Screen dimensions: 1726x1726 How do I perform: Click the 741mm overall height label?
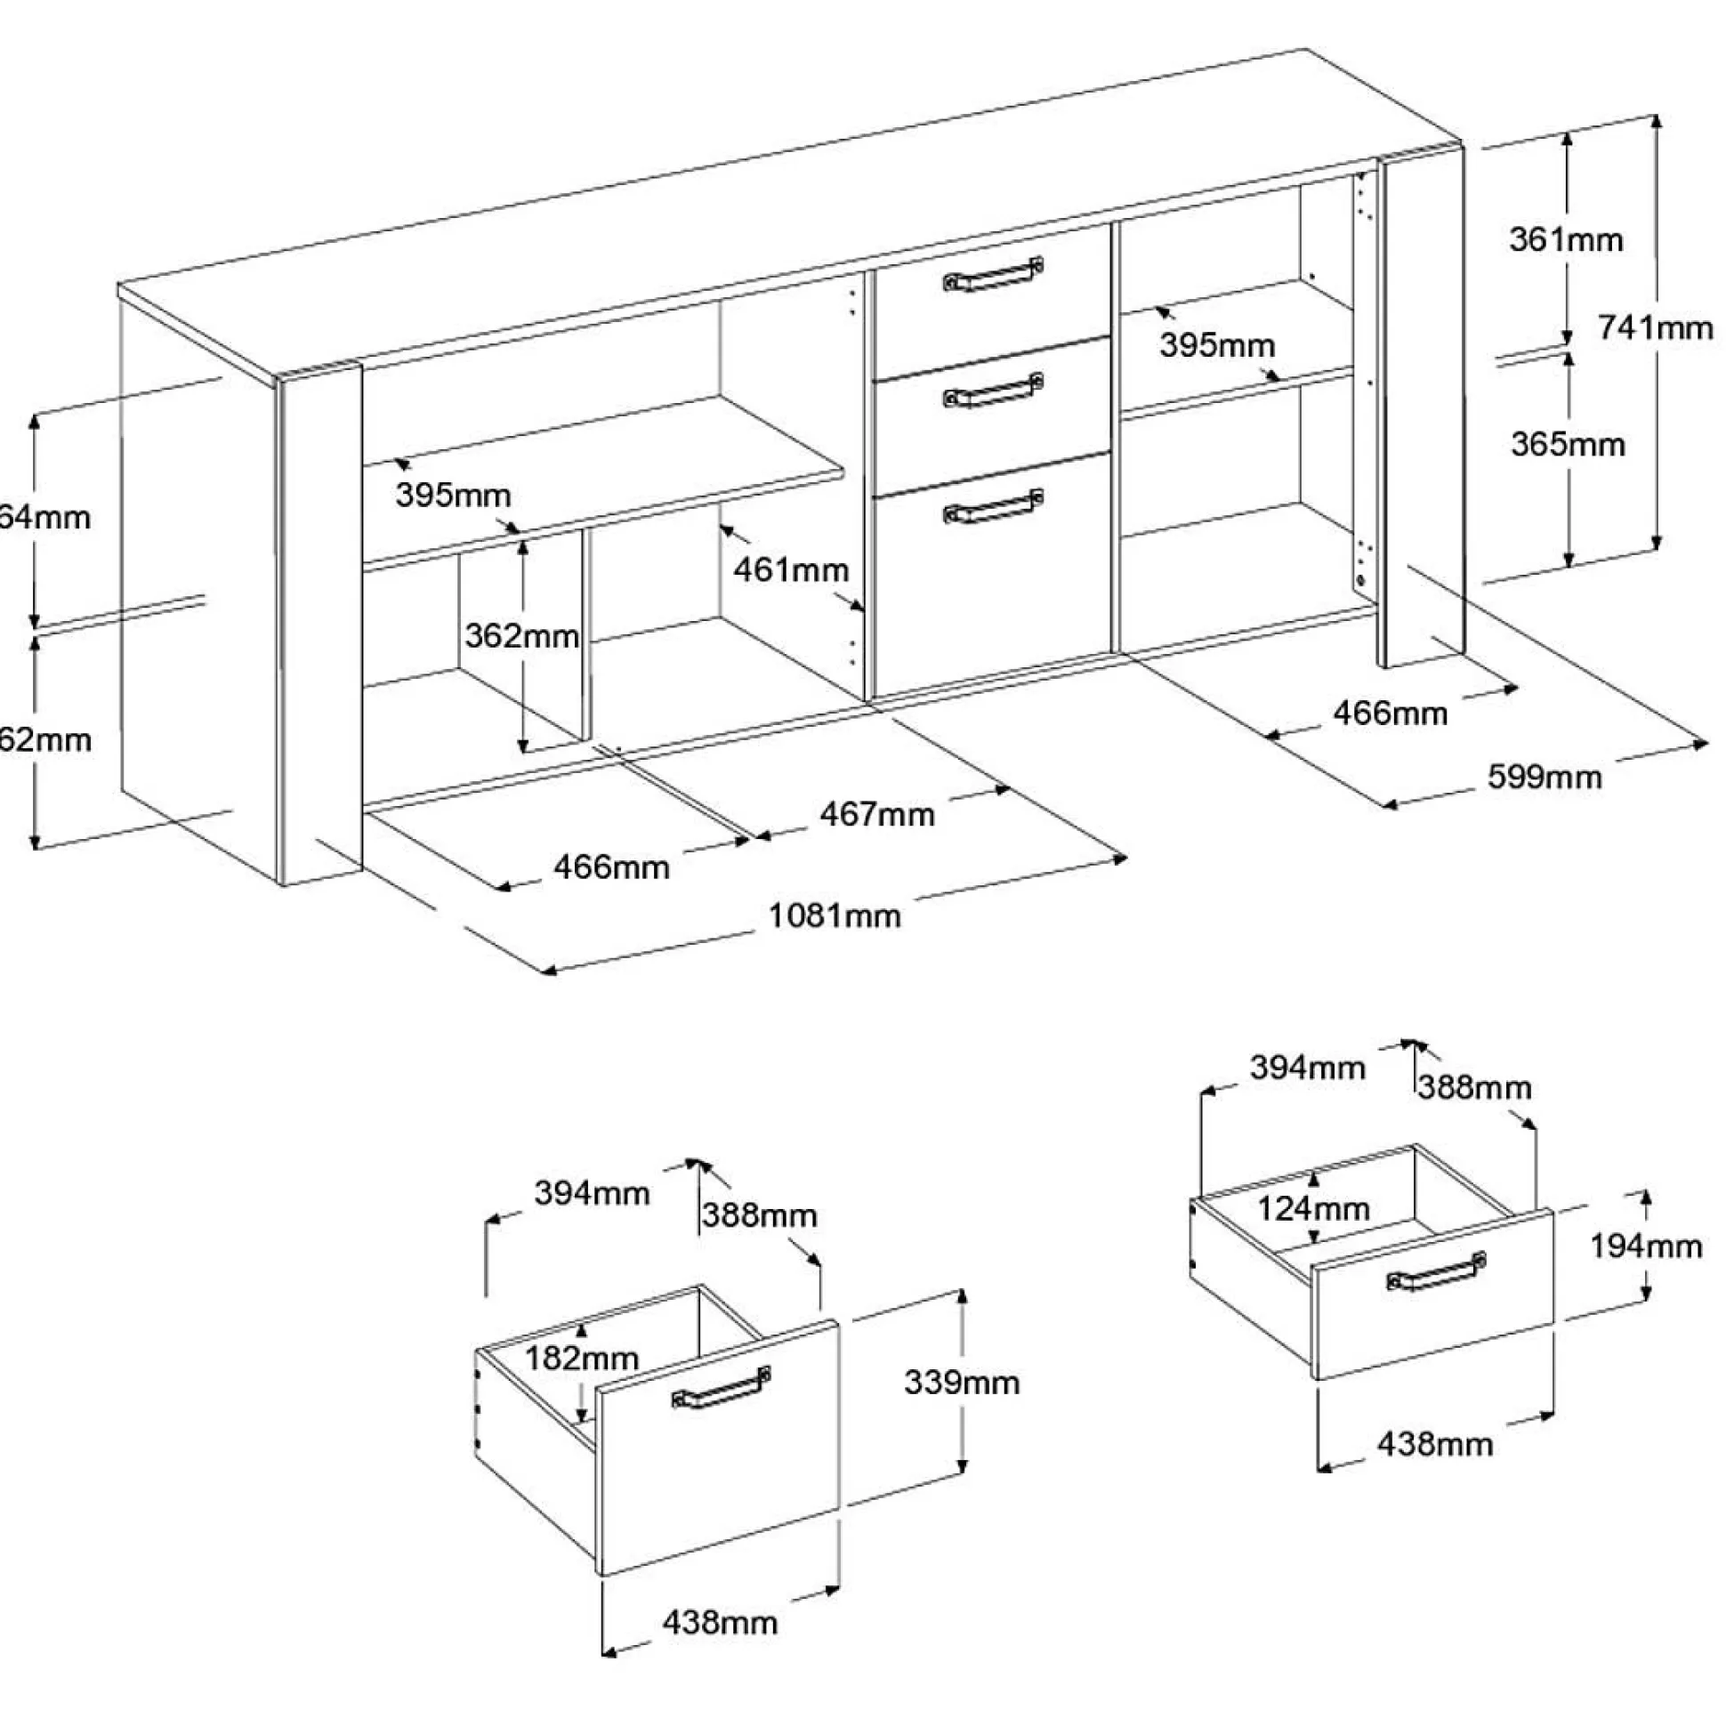[1655, 328]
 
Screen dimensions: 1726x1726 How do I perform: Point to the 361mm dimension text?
[1566, 239]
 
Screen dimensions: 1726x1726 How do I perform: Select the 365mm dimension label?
[1568, 444]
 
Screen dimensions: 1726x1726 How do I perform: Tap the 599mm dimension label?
[1545, 777]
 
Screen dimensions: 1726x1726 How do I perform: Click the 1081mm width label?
[835, 915]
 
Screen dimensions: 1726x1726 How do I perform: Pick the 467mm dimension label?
[876, 814]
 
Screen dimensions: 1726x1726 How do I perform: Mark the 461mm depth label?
[791, 569]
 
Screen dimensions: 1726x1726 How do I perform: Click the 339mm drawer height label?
[961, 1382]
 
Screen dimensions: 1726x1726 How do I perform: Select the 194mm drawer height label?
[1646, 1246]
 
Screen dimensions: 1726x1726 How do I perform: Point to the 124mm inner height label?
[1313, 1209]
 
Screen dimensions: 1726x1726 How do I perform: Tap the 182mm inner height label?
[582, 1358]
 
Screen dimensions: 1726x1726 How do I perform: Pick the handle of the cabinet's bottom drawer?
[994, 506]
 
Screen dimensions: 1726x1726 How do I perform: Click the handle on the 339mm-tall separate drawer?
[721, 1387]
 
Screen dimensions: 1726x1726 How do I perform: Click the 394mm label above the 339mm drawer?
[592, 1193]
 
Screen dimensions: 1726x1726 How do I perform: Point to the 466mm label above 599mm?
[1390, 712]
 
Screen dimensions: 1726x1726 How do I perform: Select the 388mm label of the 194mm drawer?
[1474, 1087]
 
